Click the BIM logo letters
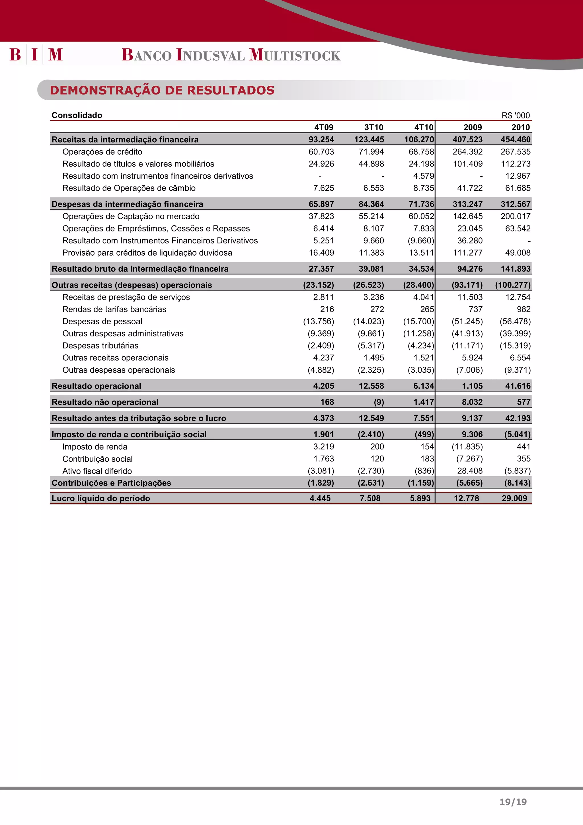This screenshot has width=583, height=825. tap(36, 55)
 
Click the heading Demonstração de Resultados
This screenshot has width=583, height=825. tap(162, 90)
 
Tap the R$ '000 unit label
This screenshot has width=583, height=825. tap(516, 115)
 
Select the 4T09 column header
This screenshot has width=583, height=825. tap(323, 127)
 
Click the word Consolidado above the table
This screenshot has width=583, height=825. tap(77, 115)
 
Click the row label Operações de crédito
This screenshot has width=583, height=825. tap(102, 152)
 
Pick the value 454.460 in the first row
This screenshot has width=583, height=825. tap(515, 139)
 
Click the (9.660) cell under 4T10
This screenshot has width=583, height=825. tap(421, 241)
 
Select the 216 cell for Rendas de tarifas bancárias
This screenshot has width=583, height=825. tap(327, 309)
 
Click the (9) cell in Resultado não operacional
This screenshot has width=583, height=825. tap(379, 402)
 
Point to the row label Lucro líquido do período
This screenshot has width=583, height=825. tap(101, 498)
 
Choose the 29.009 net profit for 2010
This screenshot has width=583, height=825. tap(514, 498)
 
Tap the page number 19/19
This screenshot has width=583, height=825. tap(513, 802)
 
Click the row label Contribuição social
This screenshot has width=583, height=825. tap(98, 459)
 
